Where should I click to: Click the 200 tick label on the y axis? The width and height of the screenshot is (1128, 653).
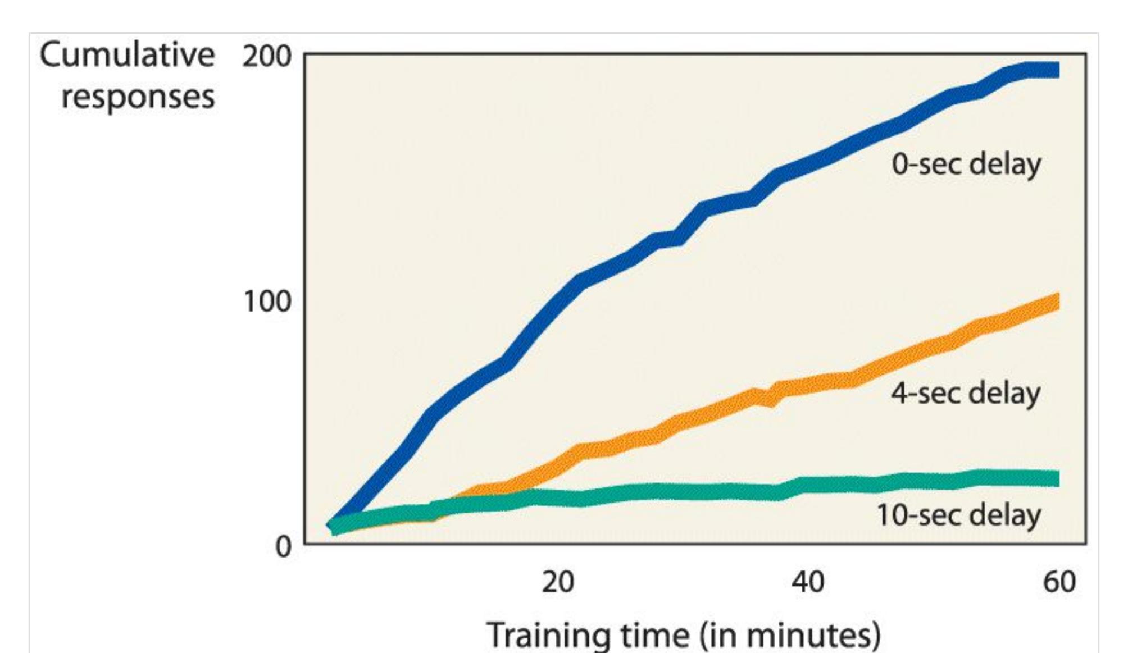[267, 57]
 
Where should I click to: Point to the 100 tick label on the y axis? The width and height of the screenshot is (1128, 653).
[267, 302]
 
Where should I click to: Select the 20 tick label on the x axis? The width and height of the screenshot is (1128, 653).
[558, 582]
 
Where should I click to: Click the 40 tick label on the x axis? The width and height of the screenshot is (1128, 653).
[808, 582]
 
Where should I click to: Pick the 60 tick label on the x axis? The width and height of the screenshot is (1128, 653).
[1059, 582]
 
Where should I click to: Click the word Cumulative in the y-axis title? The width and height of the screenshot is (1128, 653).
[127, 56]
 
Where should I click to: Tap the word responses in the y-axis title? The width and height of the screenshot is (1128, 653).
[138, 97]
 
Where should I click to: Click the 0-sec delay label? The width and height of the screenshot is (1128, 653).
[966, 165]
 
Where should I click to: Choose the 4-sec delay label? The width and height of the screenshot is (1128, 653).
[965, 393]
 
